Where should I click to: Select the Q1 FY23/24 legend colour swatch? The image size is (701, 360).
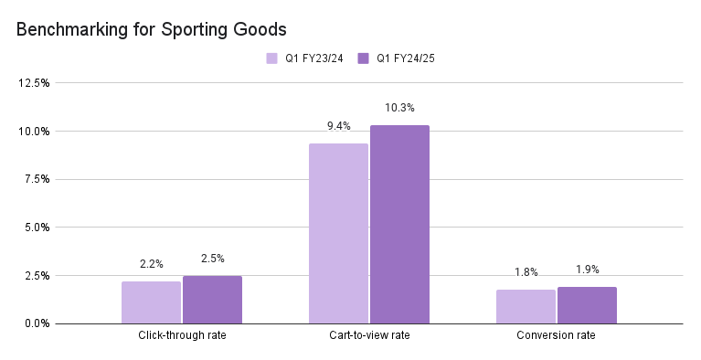click(271, 58)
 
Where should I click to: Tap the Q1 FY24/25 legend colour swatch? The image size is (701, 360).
click(363, 58)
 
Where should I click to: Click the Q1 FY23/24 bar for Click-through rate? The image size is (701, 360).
click(151, 302)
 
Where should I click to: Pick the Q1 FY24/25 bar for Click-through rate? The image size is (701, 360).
click(212, 300)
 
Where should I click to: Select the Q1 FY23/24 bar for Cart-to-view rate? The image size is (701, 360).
click(338, 233)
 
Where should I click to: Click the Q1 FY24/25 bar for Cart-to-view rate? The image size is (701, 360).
click(399, 224)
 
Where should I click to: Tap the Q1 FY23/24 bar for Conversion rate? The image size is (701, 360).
click(526, 306)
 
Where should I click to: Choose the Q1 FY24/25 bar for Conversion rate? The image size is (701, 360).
click(587, 305)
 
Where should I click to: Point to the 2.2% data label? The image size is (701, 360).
click(151, 264)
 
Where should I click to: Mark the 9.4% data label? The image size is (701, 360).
click(338, 125)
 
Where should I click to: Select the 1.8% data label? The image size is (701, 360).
click(526, 272)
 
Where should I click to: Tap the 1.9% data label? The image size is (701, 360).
click(587, 270)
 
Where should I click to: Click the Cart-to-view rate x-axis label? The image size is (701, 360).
click(369, 336)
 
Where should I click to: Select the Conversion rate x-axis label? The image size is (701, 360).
click(557, 336)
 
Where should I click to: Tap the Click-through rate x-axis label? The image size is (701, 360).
click(182, 336)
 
